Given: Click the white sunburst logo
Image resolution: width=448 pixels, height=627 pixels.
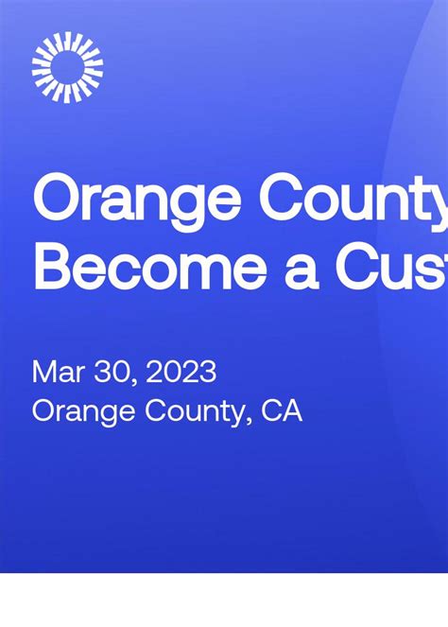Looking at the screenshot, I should point(67,67).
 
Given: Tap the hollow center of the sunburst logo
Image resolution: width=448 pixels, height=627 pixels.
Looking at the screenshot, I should point(67,67).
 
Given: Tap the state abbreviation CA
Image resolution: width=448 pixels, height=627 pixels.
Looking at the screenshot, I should point(282,411).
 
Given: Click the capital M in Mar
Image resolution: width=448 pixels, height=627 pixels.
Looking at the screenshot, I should point(43,372).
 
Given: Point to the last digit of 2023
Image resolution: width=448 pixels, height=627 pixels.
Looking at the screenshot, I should point(208,372).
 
